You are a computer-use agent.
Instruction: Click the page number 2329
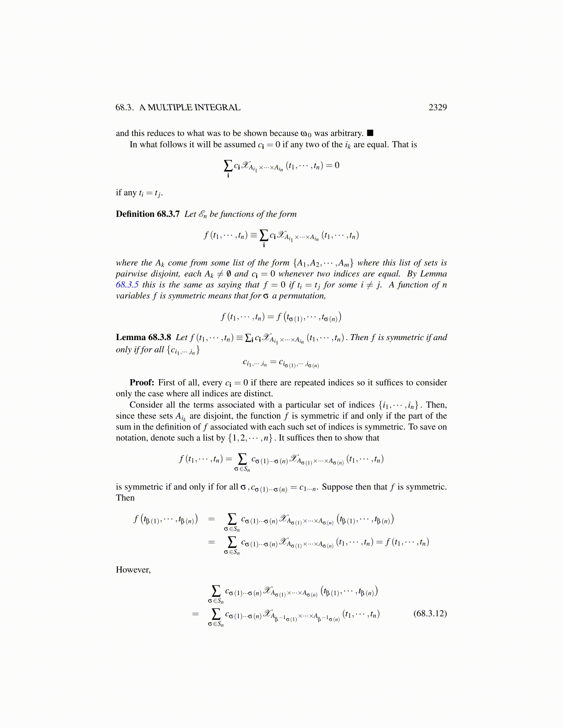pos(437,108)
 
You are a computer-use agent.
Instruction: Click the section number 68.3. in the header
pos(125,108)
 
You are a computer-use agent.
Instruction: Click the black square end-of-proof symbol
pos(370,133)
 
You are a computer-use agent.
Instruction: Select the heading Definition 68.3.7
pos(148,214)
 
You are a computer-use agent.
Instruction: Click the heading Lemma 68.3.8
pos(144,337)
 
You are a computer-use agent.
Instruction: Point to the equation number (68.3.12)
pos(430,613)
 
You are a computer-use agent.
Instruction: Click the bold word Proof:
pos(142,382)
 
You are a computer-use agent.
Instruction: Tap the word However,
pos(133,570)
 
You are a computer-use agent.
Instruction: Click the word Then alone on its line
pos(125,498)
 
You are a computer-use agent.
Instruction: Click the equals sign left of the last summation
pos(195,614)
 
